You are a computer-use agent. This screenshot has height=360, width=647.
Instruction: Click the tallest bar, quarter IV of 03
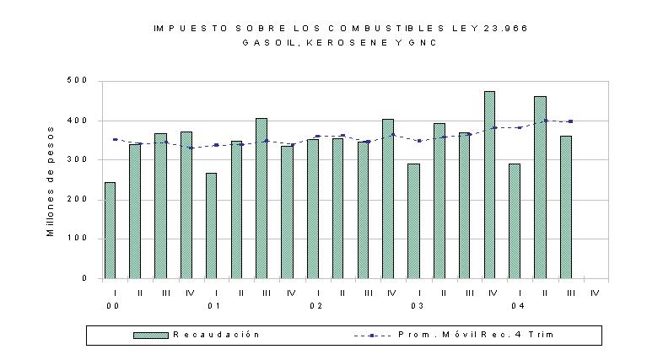coord(489,185)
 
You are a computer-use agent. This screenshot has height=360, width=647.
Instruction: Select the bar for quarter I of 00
coord(110,230)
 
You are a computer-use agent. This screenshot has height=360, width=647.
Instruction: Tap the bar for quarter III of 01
coord(261,198)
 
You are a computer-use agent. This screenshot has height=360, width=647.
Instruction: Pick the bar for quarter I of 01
coord(211,226)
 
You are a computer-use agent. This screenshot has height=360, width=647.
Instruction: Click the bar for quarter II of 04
coord(540,187)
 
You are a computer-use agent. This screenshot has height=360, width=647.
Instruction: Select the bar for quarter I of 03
coord(414,221)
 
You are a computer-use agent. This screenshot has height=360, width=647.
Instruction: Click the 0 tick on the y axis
coord(84,278)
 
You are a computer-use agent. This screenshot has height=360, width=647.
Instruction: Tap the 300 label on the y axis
coord(77,159)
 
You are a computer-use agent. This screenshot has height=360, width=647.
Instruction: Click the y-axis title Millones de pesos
coord(51,181)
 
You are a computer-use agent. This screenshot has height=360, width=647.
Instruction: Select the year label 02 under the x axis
coord(316,306)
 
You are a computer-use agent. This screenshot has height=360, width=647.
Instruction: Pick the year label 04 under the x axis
coord(518,306)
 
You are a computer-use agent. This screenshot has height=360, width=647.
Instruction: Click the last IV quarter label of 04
coord(595,293)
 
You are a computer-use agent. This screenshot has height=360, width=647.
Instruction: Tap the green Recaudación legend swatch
coord(151,336)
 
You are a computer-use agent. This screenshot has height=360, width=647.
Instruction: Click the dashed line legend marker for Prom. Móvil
coord(372,336)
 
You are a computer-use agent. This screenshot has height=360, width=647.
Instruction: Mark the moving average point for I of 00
coord(115,139)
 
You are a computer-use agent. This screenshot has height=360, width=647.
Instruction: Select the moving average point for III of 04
coord(571,121)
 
